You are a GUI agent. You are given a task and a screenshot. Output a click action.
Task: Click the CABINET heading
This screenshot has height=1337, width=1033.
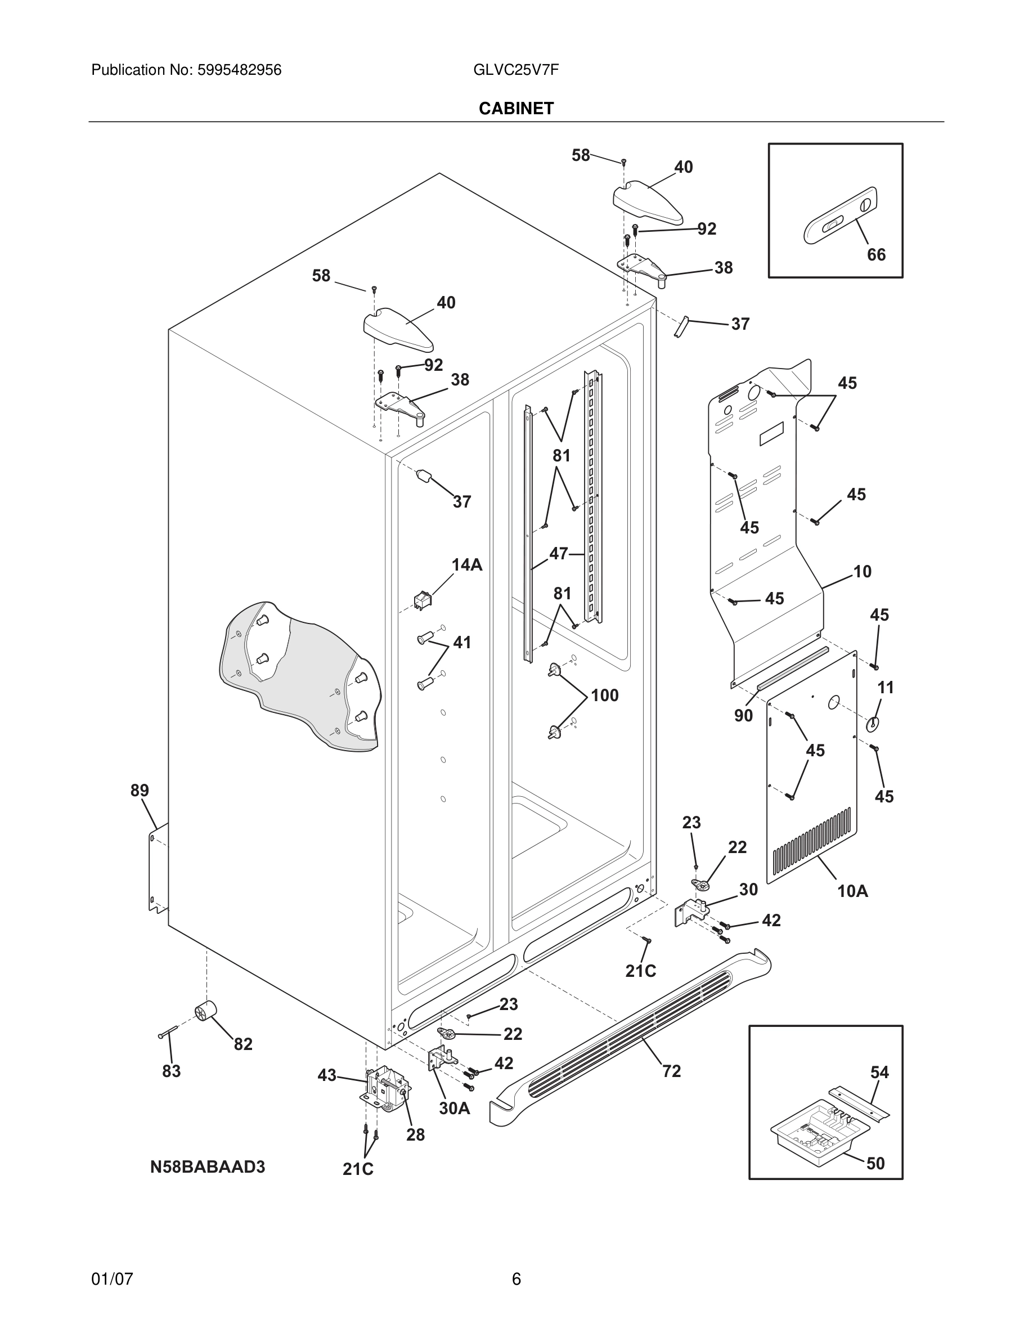point(516,109)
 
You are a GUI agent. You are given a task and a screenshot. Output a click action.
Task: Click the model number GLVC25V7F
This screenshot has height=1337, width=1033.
point(516,70)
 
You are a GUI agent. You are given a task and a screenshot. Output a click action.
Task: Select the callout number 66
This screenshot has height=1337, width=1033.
point(875,255)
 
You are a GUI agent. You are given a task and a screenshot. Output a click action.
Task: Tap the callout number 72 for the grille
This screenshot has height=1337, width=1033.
point(671,1071)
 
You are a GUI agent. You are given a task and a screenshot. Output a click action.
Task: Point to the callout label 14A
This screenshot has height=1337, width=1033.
point(467,565)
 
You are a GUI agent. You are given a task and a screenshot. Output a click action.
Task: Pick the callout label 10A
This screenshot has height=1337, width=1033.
point(852,891)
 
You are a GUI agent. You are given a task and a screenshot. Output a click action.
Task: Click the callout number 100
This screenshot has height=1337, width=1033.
point(605,696)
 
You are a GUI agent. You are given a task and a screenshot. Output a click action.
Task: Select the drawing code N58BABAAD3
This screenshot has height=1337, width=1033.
point(208,1168)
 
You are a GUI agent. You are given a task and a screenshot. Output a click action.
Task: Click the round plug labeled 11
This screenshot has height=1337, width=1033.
point(872,724)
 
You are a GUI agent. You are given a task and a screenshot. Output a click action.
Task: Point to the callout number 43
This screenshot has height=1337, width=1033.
point(327,1075)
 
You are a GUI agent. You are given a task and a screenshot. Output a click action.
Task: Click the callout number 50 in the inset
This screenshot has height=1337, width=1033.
point(875,1163)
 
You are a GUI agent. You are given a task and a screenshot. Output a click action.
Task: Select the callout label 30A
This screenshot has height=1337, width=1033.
point(454,1108)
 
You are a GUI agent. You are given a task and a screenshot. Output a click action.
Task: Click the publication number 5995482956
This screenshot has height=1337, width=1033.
point(239,70)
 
